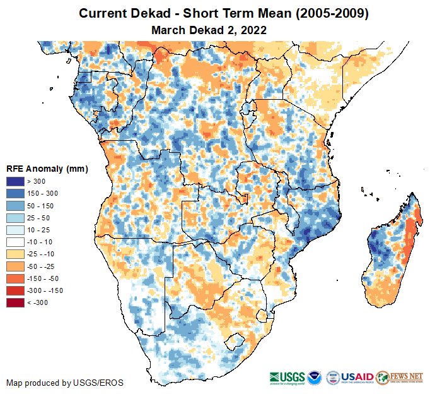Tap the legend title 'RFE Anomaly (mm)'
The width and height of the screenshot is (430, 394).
click(47, 169)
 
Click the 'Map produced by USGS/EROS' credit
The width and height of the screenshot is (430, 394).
click(65, 383)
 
